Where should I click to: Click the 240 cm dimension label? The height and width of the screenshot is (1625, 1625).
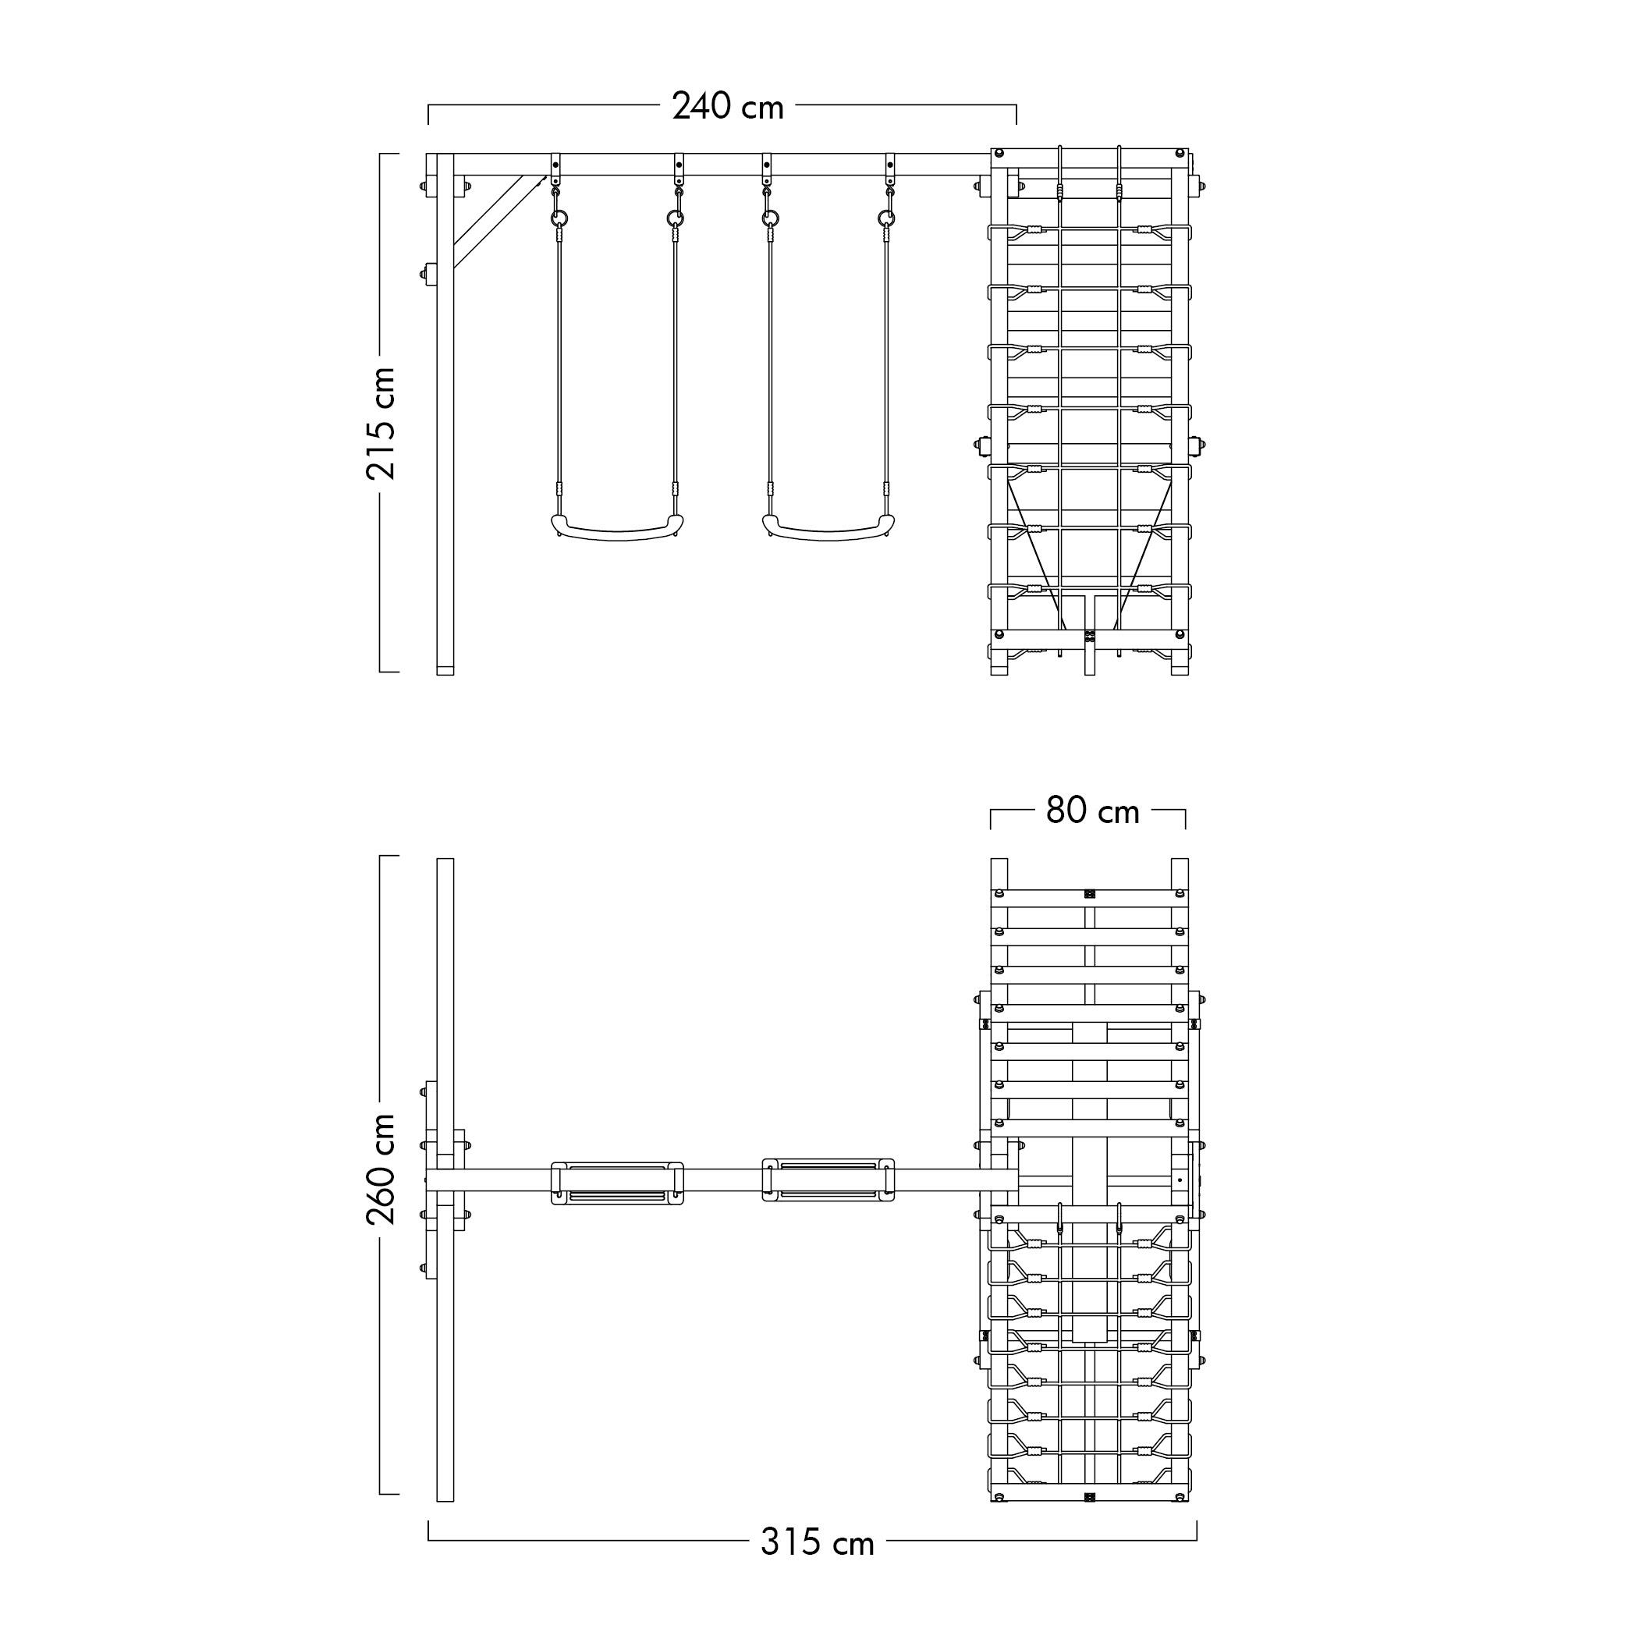pyautogui.click(x=728, y=107)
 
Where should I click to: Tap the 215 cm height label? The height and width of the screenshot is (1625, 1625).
pyautogui.click(x=381, y=423)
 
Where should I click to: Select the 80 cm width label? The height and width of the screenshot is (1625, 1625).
pyautogui.click(x=1093, y=811)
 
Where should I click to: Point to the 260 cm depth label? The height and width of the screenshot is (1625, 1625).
pyautogui.click(x=381, y=1169)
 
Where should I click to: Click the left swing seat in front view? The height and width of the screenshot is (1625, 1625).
pyautogui.click(x=617, y=527)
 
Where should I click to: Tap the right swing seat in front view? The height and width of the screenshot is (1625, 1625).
pyautogui.click(x=828, y=527)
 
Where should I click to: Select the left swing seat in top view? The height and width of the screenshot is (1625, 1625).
pyautogui.click(x=617, y=1183)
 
